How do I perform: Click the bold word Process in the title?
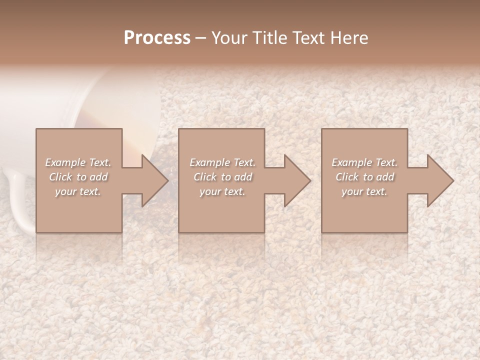(x=157, y=38)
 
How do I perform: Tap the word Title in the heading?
(x=266, y=38)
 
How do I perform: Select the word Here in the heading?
(x=348, y=38)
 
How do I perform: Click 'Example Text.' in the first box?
(x=78, y=162)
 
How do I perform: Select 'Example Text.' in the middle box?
(x=222, y=162)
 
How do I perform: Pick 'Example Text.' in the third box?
(x=364, y=162)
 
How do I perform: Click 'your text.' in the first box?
(x=78, y=191)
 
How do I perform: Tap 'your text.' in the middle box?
(x=222, y=191)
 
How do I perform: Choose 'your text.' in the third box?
(x=364, y=191)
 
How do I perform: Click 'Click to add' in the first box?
(x=78, y=177)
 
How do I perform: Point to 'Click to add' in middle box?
(x=222, y=177)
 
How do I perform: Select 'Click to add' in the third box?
(x=364, y=177)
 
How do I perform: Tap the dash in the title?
(x=201, y=38)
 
